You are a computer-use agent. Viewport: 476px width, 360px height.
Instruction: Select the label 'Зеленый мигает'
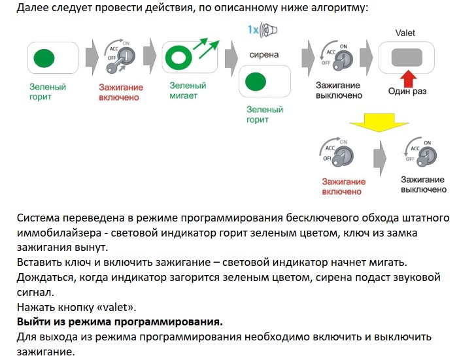(188, 90)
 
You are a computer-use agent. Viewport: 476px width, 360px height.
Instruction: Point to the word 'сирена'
(263, 54)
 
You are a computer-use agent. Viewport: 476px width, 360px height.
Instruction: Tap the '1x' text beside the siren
(253, 29)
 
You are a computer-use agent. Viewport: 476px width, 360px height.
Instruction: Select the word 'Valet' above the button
(405, 33)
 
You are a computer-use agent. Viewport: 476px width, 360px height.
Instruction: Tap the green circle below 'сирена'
(256, 82)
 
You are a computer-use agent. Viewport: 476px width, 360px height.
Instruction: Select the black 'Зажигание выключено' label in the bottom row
(424, 184)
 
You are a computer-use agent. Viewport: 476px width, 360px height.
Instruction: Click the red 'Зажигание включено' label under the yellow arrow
(342, 187)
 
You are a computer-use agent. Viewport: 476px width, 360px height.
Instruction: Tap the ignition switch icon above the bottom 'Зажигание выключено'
(420, 154)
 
